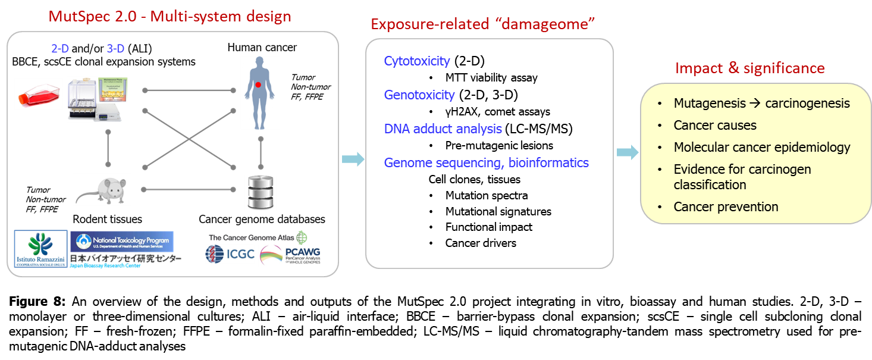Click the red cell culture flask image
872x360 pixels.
pyautogui.click(x=38, y=94)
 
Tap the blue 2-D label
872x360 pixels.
pyautogui.click(x=60, y=49)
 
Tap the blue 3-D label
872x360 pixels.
pyautogui.click(x=115, y=49)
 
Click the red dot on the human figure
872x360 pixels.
pyautogui.click(x=258, y=85)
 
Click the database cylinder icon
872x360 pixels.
pyautogui.click(x=261, y=193)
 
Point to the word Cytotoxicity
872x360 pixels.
pyautogui.click(x=417, y=61)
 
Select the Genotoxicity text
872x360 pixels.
pyautogui.click(x=419, y=95)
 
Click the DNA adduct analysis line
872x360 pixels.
pyautogui.click(x=443, y=129)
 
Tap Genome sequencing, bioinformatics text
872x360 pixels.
pyautogui.click(x=487, y=162)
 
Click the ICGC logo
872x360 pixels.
pyautogui.click(x=230, y=254)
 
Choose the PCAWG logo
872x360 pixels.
pyautogui.click(x=290, y=256)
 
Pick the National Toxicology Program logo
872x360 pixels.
pyautogui.click(x=121, y=241)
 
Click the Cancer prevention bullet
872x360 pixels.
pyautogui.click(x=726, y=207)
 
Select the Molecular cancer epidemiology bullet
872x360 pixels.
pyautogui.click(x=762, y=147)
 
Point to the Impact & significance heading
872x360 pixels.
pyautogui.click(x=750, y=68)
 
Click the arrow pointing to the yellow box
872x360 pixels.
pyautogui.click(x=627, y=153)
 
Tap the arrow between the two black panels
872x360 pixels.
pyautogui.click(x=353, y=159)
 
